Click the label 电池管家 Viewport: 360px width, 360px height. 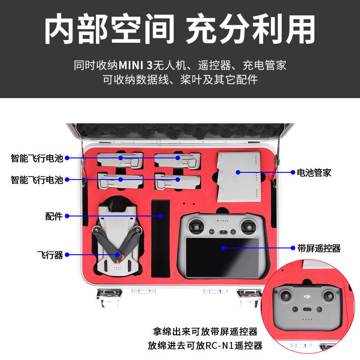[314, 172]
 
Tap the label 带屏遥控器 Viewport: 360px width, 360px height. [319, 248]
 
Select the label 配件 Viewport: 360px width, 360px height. [54, 216]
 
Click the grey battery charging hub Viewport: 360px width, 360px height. [239, 176]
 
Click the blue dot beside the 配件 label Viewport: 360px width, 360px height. [67, 216]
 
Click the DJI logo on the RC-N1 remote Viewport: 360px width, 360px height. [308, 296]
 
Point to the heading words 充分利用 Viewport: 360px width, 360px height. [250, 29]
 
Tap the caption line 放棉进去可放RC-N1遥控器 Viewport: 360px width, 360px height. [205, 346]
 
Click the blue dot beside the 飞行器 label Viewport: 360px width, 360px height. [67, 255]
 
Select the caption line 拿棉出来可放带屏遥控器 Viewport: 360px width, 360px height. [205, 332]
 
